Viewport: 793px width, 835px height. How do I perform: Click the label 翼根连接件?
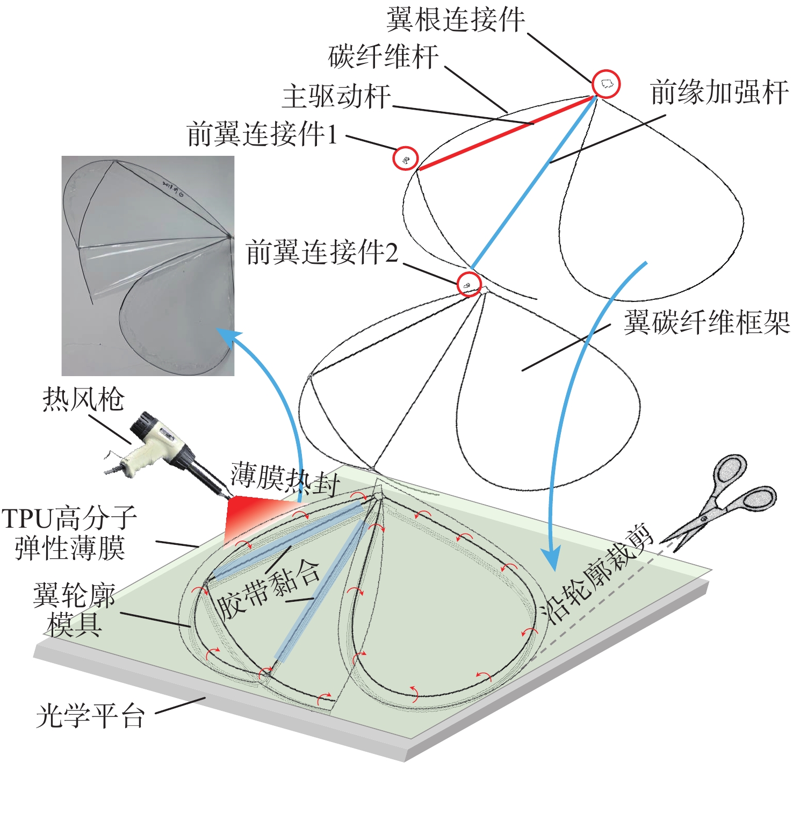tap(456, 20)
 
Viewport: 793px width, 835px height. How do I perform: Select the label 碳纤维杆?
tap(384, 56)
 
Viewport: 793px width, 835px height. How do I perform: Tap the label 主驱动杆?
tap(337, 96)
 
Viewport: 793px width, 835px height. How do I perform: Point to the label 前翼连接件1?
tap(262, 134)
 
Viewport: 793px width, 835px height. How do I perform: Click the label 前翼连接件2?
tap(322, 252)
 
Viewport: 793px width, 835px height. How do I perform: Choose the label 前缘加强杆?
tap(719, 92)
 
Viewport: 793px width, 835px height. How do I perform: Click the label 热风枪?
tap(83, 399)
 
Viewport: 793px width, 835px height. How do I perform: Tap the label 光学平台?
tap(90, 716)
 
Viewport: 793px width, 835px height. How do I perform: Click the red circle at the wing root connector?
tap(606, 84)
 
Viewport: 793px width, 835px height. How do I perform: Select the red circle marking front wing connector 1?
tap(406, 159)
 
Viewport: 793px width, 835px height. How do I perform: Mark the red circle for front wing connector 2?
tap(469, 284)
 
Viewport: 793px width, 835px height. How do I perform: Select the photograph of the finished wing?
tap(148, 265)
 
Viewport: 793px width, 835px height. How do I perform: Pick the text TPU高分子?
tap(69, 518)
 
